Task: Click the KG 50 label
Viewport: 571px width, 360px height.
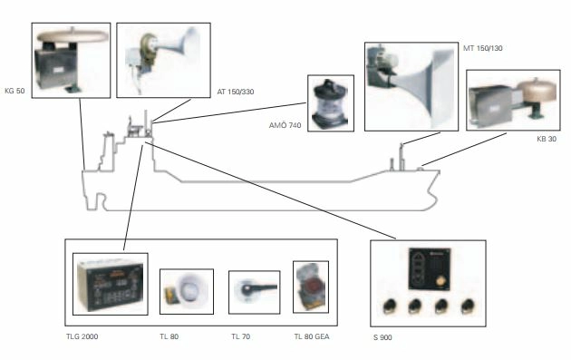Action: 15,91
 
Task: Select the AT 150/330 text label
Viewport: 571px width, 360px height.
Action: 236,92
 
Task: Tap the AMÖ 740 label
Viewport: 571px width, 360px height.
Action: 285,125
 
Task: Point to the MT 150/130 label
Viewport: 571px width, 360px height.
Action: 482,48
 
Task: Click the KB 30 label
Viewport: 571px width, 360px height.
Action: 547,139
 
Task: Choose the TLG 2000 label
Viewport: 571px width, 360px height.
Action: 82,336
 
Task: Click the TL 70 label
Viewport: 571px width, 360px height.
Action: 241,336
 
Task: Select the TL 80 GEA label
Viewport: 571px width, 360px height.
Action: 312,336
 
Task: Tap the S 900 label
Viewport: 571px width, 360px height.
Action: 382,337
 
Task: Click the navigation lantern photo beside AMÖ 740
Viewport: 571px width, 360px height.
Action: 330,103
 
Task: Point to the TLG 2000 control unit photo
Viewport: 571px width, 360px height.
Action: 110,285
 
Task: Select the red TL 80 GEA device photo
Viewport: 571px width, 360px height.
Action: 311,287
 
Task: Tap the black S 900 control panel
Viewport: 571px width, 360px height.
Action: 430,269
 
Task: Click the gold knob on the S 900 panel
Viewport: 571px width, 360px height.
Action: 441,282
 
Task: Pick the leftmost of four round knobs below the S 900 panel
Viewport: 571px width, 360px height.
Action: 390,306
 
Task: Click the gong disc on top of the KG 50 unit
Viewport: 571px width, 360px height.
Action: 73,35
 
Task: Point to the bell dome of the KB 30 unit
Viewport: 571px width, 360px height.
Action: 537,89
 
